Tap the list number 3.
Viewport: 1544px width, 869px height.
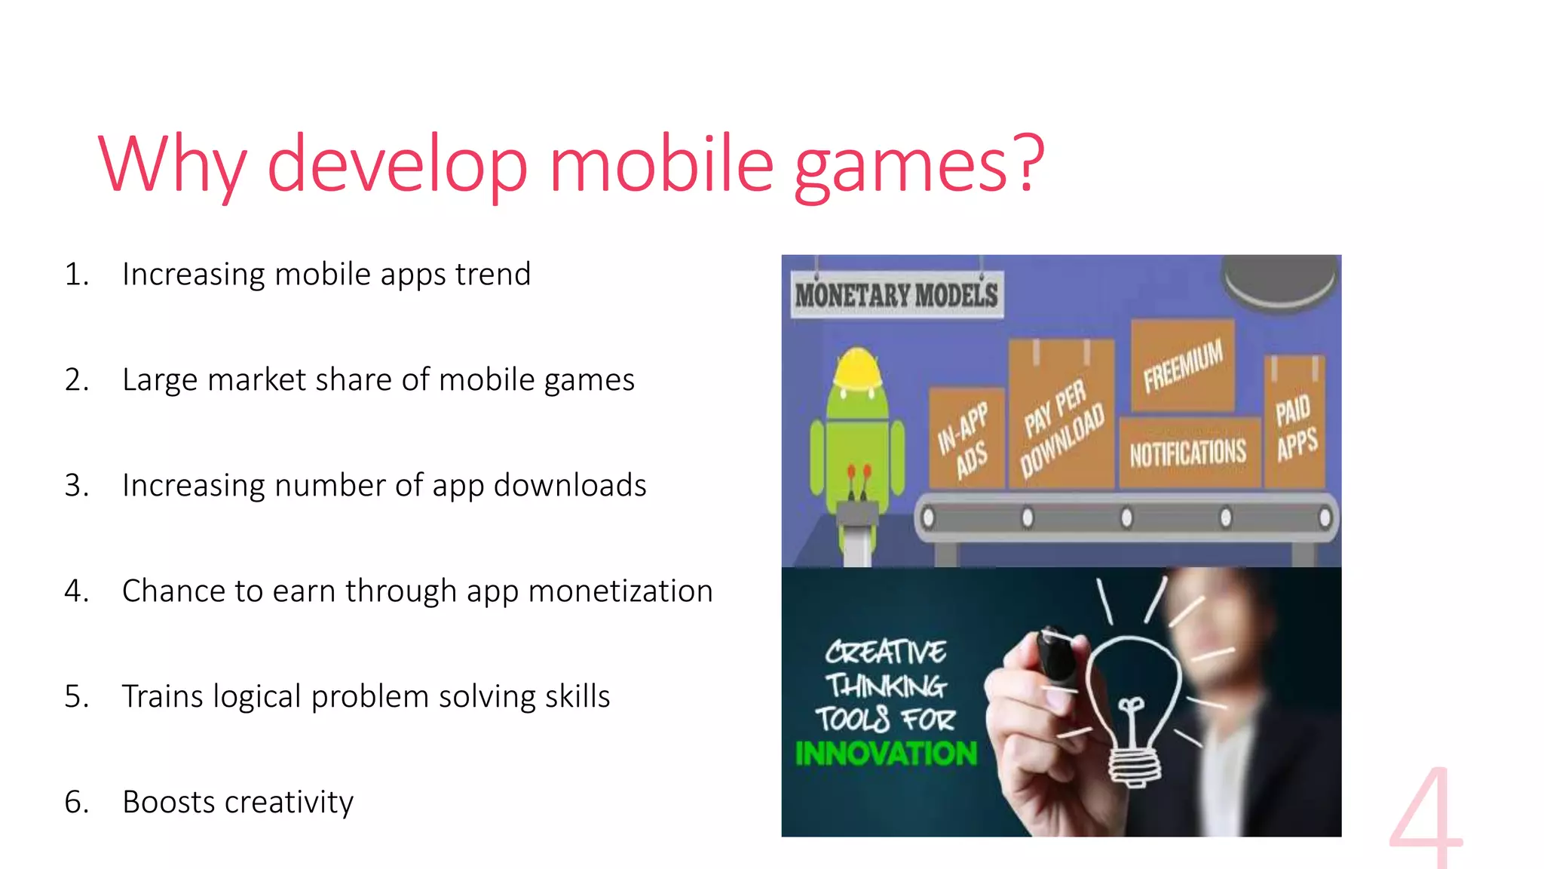click(x=75, y=485)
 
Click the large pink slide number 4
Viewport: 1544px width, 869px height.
click(x=1426, y=818)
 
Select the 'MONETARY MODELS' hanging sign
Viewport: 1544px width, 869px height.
click(x=896, y=295)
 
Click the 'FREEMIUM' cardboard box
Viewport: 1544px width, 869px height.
click(x=1183, y=365)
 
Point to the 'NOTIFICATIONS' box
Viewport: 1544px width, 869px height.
click(x=1188, y=453)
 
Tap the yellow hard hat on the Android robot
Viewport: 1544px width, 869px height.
click(x=858, y=367)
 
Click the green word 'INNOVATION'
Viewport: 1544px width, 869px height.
click(x=886, y=753)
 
